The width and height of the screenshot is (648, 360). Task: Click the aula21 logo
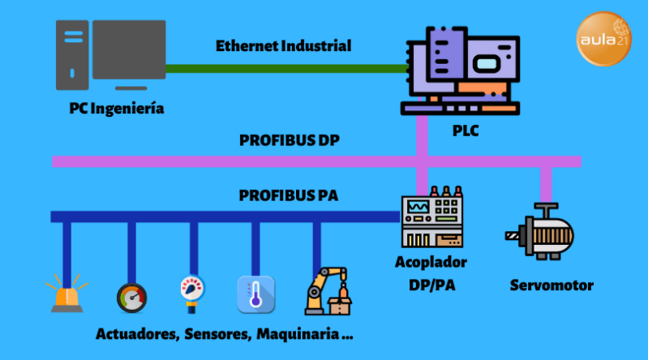603,39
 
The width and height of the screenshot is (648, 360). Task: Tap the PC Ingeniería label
116,108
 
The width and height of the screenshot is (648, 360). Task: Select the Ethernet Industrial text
283,46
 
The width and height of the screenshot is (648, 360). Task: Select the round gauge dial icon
131,297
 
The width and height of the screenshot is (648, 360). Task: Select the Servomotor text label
551,285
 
